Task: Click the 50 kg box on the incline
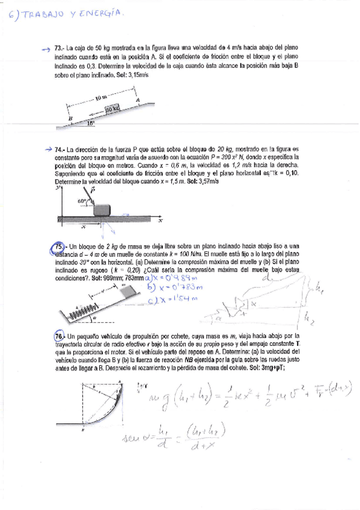coord(112,108)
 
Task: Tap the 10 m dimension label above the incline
coord(101,96)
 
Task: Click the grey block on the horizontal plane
coord(102,209)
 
